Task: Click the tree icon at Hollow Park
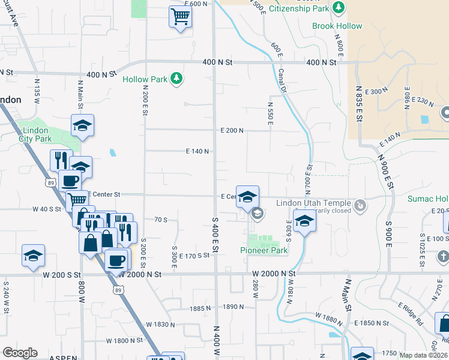(176, 79)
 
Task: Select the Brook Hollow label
(337, 26)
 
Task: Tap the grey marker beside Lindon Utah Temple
(360, 206)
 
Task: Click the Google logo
(20, 353)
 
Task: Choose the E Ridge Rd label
(411, 314)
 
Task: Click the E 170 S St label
(193, 255)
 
